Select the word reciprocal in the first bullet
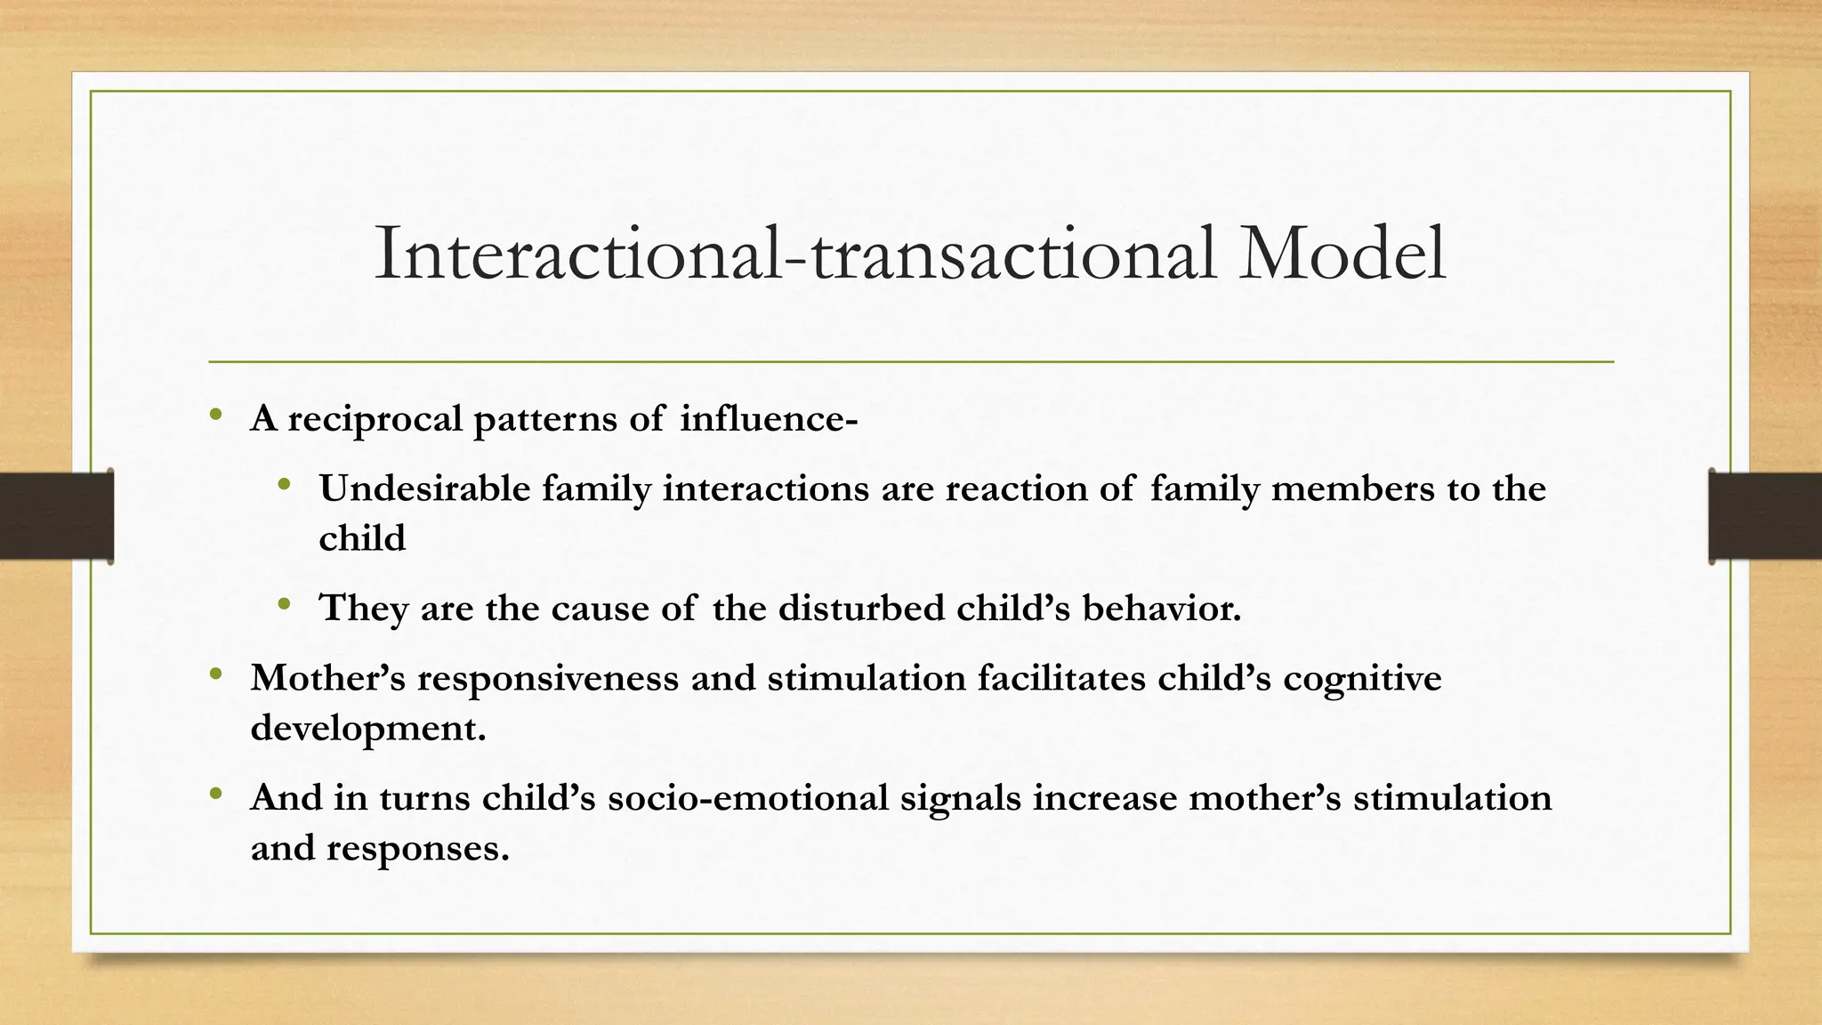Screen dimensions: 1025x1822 pyautogui.click(x=375, y=419)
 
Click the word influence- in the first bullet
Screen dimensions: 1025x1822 pyautogui.click(x=769, y=418)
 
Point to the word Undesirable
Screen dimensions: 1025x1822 pyautogui.click(x=424, y=488)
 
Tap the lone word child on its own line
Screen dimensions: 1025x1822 pyautogui.click(x=362, y=538)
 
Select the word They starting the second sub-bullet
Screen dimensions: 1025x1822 pyautogui.click(x=364, y=609)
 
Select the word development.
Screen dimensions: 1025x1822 pyautogui.click(x=368, y=729)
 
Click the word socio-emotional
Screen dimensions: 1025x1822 pyautogui.click(x=748, y=797)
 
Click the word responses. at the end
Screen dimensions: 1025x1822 pyautogui.click(x=417, y=848)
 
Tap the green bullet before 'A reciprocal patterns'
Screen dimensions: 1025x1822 pyautogui.click(x=216, y=415)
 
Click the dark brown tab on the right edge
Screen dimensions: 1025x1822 pyautogui.click(x=1765, y=516)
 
